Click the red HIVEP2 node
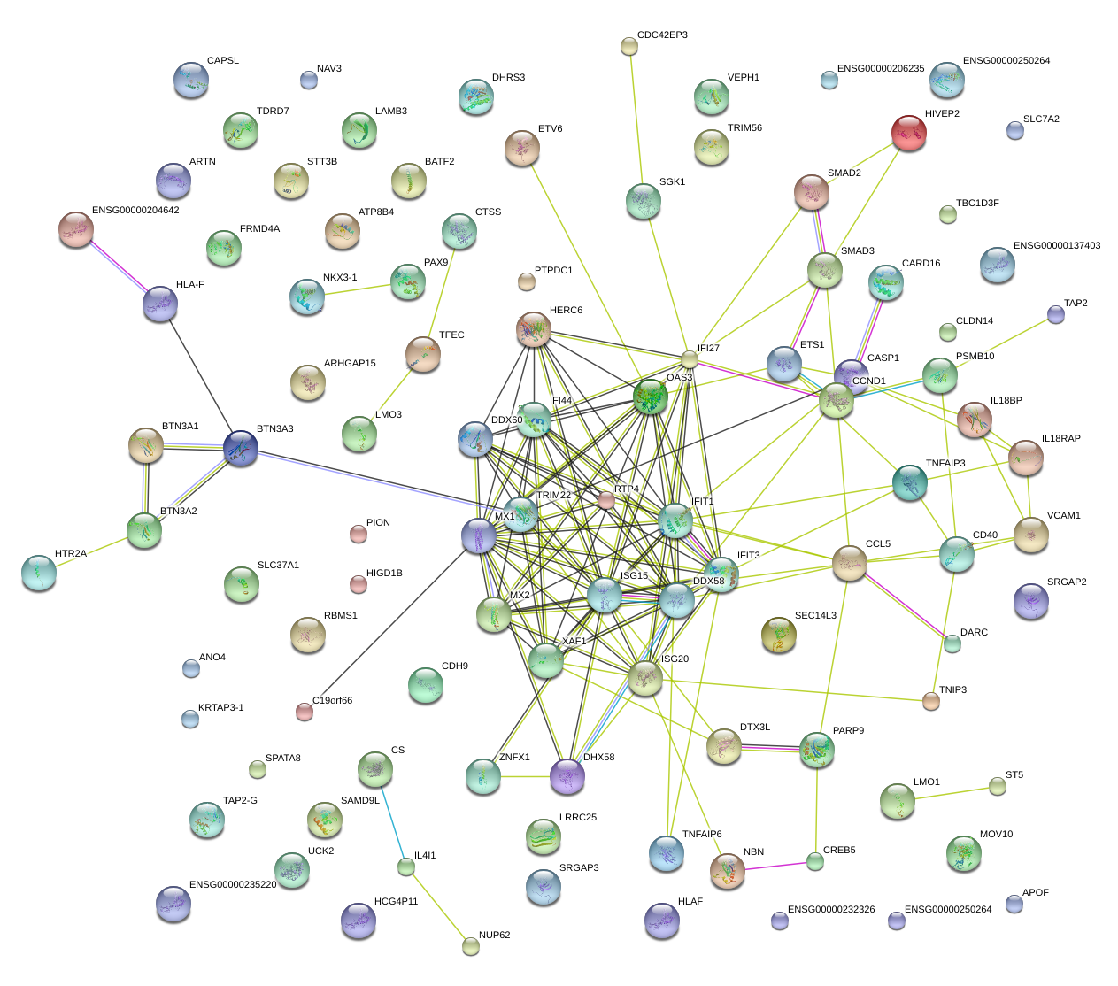(908, 132)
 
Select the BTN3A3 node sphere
(241, 448)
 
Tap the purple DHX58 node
(567, 776)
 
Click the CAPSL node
(190, 80)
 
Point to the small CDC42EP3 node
(628, 46)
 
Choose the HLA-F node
(159, 304)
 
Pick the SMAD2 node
(811, 192)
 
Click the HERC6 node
(533, 329)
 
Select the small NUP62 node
(471, 946)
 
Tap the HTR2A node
(39, 573)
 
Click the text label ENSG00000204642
(135, 211)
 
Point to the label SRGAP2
(1067, 582)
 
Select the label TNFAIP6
(702, 835)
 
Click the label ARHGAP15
(350, 364)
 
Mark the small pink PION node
(358, 534)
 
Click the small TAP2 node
(1055, 314)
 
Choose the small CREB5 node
(815, 860)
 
